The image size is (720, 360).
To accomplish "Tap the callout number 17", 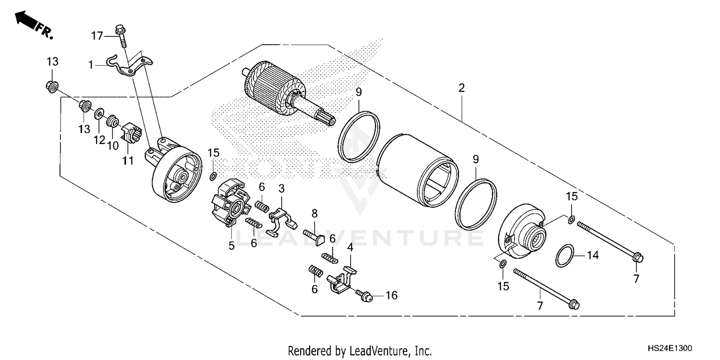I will click(x=97, y=36).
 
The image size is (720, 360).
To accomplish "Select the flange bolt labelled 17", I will click(x=121, y=36).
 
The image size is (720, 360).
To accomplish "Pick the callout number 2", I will click(x=461, y=88).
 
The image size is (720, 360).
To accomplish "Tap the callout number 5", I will click(x=231, y=246).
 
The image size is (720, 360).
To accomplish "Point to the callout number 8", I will click(x=315, y=213).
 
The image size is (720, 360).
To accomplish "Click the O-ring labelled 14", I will click(x=565, y=256).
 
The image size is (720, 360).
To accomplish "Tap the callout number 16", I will click(x=392, y=295).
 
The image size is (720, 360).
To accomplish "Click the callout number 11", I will click(x=127, y=160).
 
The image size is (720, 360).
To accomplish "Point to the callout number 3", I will click(x=282, y=188).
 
